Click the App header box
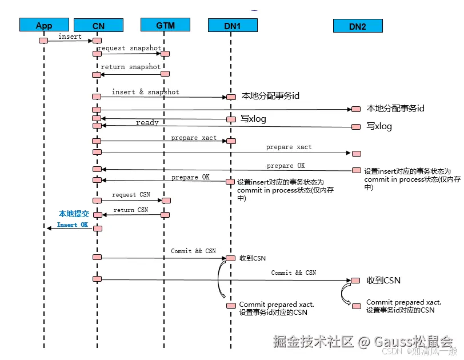(44, 25)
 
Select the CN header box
(98, 25)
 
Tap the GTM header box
(165, 25)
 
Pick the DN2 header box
(358, 26)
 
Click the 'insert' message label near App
(70, 37)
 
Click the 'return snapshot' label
(130, 67)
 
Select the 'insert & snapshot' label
(145, 92)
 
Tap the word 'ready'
(147, 123)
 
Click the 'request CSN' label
(131, 195)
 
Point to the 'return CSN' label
(131, 210)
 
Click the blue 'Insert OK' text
(72, 225)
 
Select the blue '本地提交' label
(74, 214)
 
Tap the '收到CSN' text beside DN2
(383, 280)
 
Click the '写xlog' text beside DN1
(253, 119)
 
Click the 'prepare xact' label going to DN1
(194, 138)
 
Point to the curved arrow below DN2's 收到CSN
(345, 294)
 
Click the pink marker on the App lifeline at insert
(43, 40)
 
